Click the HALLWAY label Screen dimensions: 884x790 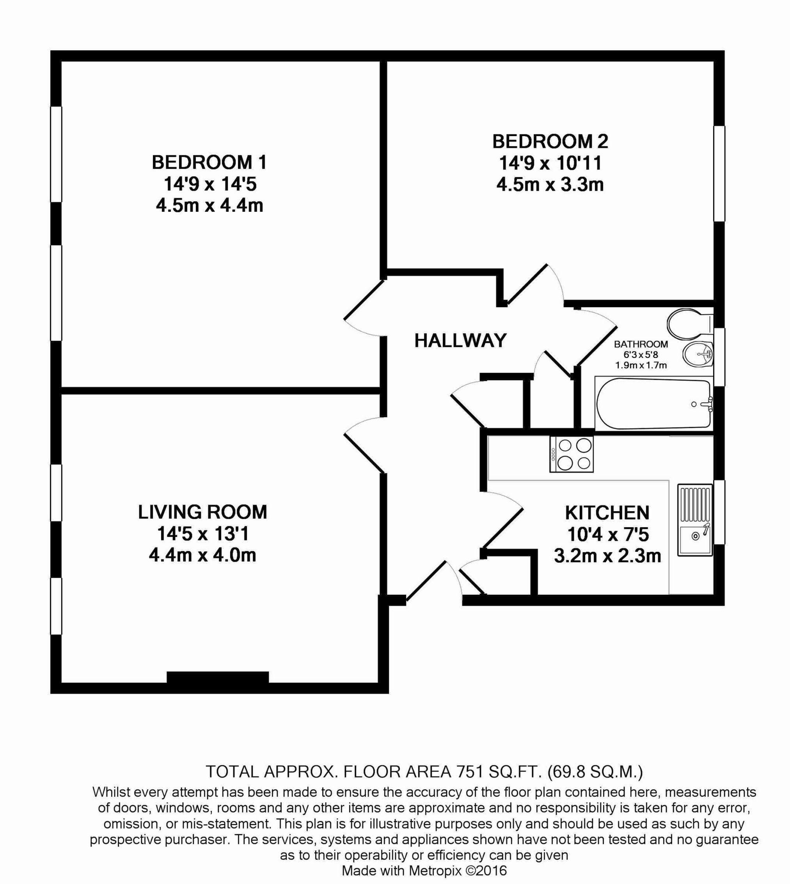(460, 340)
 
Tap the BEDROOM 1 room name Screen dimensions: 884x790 (209, 163)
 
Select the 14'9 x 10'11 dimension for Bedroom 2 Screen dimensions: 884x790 (550, 163)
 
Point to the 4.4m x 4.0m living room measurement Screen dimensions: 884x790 (202, 555)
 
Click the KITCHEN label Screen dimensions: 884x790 (607, 513)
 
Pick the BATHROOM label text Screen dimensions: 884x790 (641, 344)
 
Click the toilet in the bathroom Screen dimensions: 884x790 (689, 324)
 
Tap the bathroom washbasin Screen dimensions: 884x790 (697, 354)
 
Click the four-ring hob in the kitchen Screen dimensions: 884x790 (571, 454)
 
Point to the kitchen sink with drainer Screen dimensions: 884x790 (694, 520)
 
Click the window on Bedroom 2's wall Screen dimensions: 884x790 (719, 174)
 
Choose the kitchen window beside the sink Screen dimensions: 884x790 (719, 512)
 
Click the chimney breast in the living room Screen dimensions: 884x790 (217, 677)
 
